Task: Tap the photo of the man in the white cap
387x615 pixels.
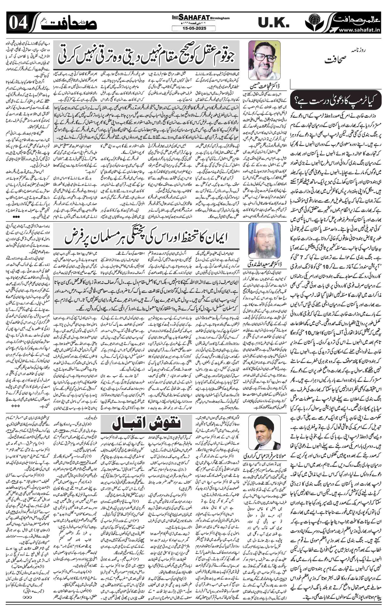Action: (264, 241)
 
